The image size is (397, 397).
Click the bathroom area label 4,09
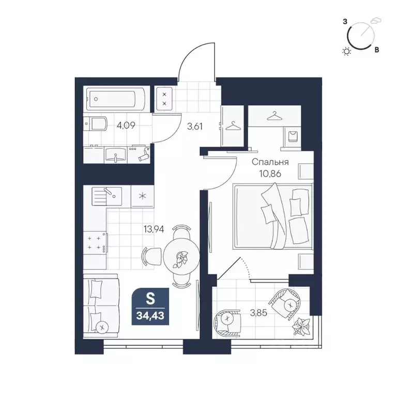tap(126, 125)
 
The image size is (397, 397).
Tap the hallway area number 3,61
tap(195, 126)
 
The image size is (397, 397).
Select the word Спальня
tap(270, 162)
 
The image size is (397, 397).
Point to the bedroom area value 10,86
tap(270, 174)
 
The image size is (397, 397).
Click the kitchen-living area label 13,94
tap(154, 230)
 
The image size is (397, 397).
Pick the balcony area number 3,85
tap(258, 313)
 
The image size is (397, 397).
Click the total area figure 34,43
tap(150, 316)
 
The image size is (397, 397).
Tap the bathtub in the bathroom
tap(116, 99)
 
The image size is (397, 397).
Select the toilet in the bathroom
tap(96, 124)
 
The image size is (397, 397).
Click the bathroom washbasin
tap(115, 155)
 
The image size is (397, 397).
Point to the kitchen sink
tap(106, 196)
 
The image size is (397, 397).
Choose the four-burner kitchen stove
tap(95, 242)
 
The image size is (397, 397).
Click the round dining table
tap(181, 256)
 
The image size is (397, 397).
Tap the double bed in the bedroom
tap(273, 216)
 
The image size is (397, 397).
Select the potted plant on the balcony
tap(301, 327)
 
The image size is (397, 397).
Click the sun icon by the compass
tap(347, 52)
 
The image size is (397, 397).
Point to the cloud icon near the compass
tap(376, 21)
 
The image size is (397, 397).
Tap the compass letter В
tap(377, 50)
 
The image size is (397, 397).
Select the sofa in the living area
tap(101, 306)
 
